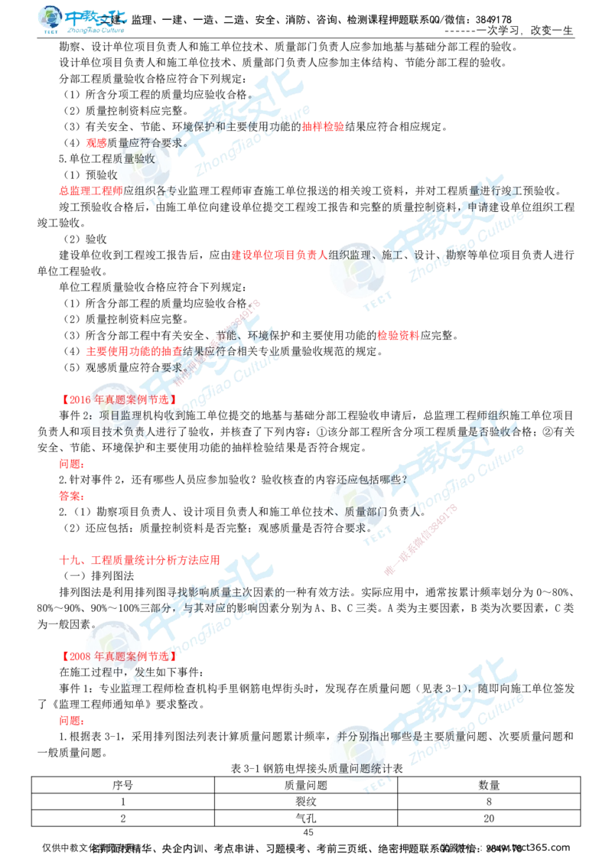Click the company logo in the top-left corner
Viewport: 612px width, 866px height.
pos(82,20)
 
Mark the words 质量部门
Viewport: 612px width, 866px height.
pos(363,510)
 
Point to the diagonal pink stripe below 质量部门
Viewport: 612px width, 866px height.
pos(421,539)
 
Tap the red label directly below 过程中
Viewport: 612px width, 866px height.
pos(70,721)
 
